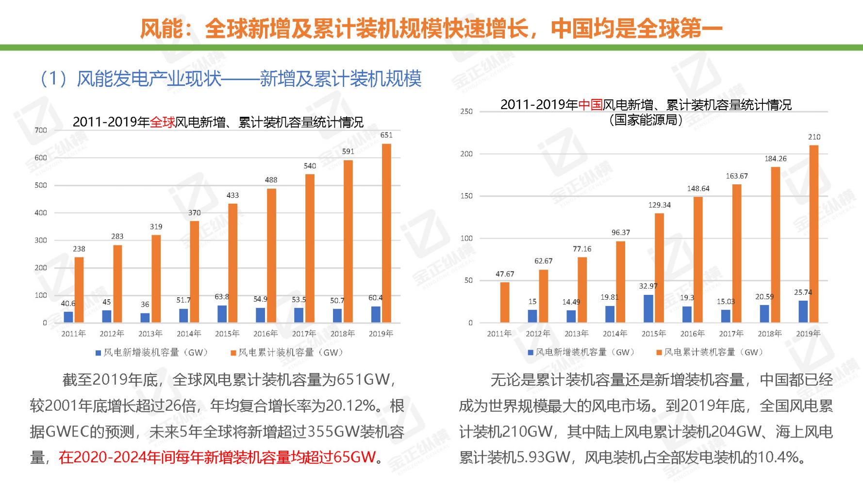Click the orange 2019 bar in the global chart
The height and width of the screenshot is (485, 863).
(x=386, y=233)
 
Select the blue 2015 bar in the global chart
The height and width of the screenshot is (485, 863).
(x=222, y=313)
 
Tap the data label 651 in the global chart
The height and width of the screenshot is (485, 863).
(x=386, y=135)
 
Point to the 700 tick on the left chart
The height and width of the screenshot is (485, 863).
(x=41, y=130)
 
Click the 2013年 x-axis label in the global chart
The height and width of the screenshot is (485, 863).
(x=150, y=334)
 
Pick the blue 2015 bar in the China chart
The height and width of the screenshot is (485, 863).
(x=648, y=308)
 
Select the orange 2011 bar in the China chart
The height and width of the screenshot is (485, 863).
(x=505, y=302)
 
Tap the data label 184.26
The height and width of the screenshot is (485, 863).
(x=775, y=159)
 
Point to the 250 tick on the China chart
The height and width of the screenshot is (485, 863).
(x=466, y=112)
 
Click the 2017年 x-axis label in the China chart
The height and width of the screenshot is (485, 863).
(x=730, y=334)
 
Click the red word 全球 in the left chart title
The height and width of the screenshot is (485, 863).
(x=162, y=122)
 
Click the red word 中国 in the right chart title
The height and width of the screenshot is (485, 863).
(x=590, y=105)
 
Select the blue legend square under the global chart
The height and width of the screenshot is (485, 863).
(x=98, y=353)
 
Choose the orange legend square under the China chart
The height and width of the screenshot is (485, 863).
(x=659, y=353)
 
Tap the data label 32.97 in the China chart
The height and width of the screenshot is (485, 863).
(x=648, y=286)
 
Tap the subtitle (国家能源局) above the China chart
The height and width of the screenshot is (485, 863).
(x=646, y=120)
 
